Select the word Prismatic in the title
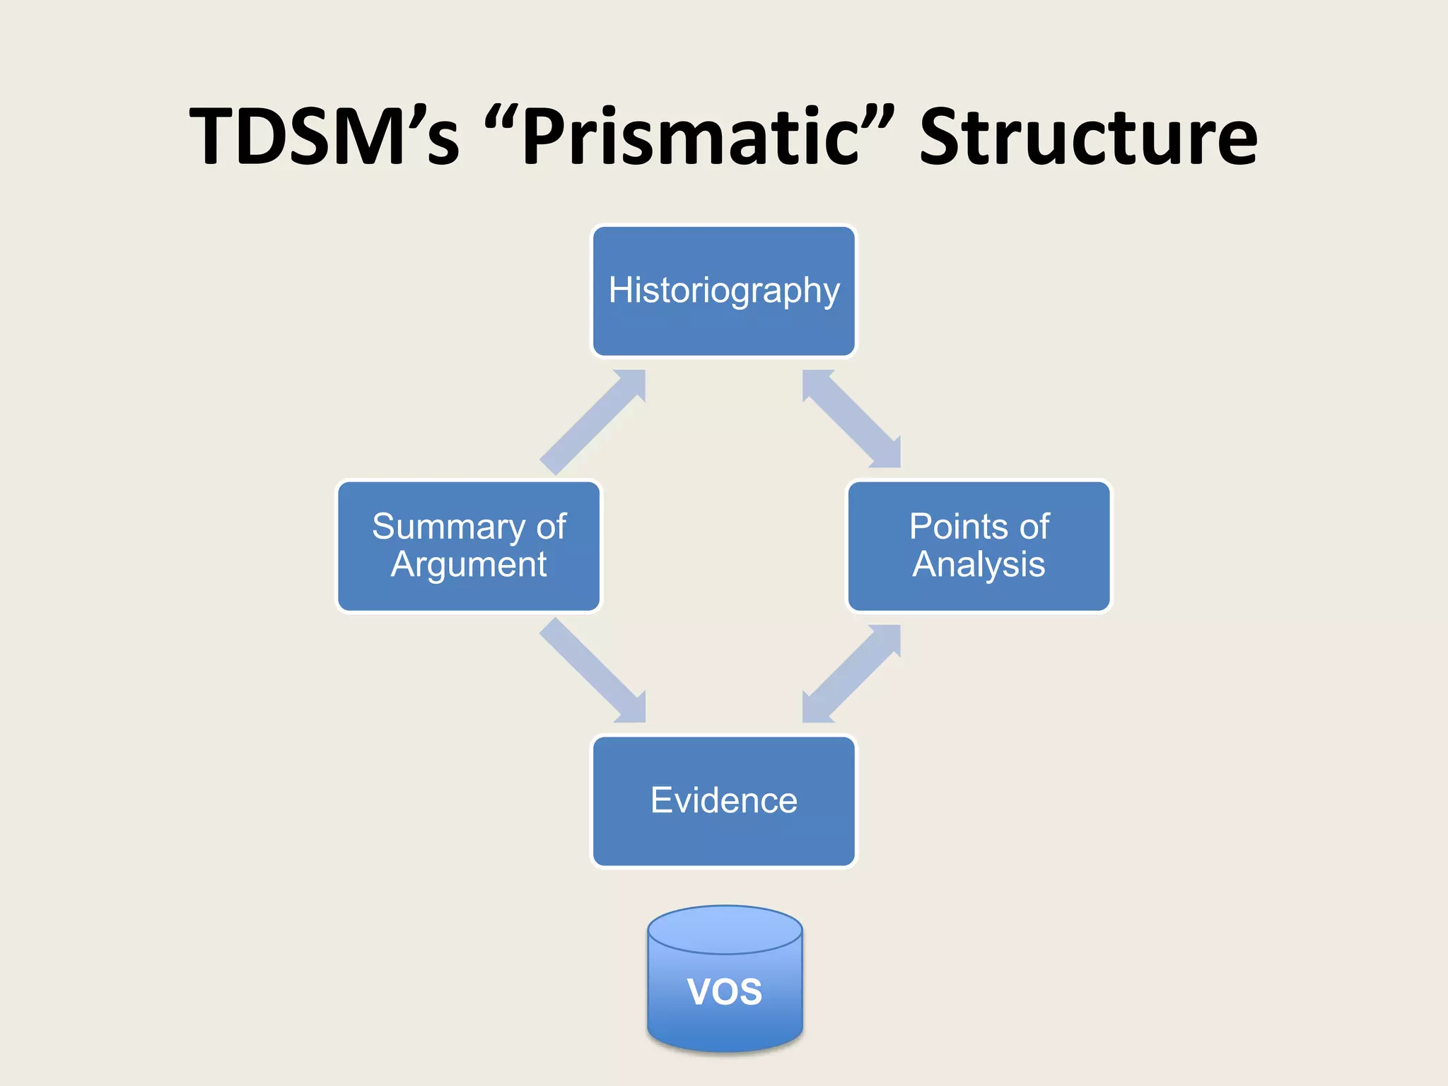689,136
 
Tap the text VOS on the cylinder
725,991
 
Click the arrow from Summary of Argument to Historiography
592,422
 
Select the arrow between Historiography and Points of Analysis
851,419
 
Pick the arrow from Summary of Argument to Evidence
592,670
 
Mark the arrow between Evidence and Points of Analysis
851,674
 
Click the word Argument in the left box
469,564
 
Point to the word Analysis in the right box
979,564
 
